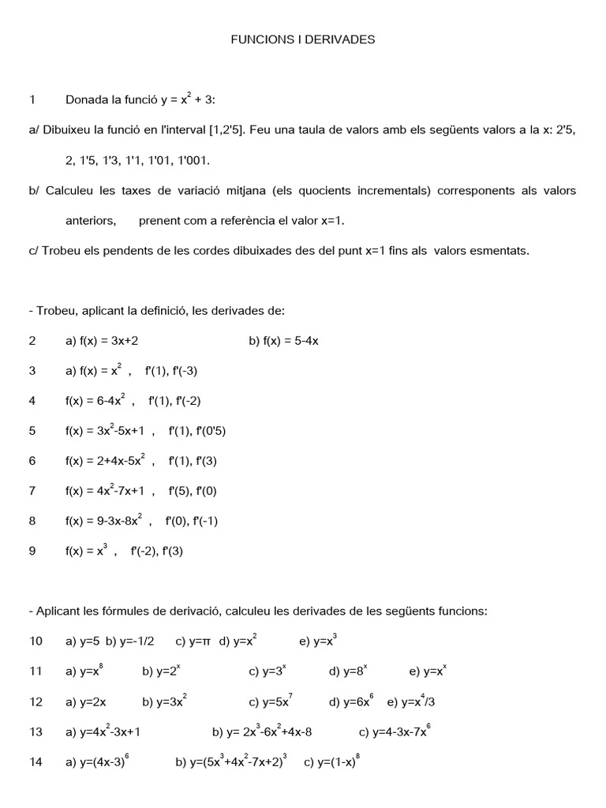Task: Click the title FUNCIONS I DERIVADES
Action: [x=302, y=39]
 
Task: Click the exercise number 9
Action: [x=32, y=552]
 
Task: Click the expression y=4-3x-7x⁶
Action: [x=394, y=731]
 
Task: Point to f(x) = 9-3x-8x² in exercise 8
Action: [x=103, y=522]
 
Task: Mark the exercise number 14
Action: [x=36, y=762]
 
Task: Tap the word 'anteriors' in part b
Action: [x=90, y=221]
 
